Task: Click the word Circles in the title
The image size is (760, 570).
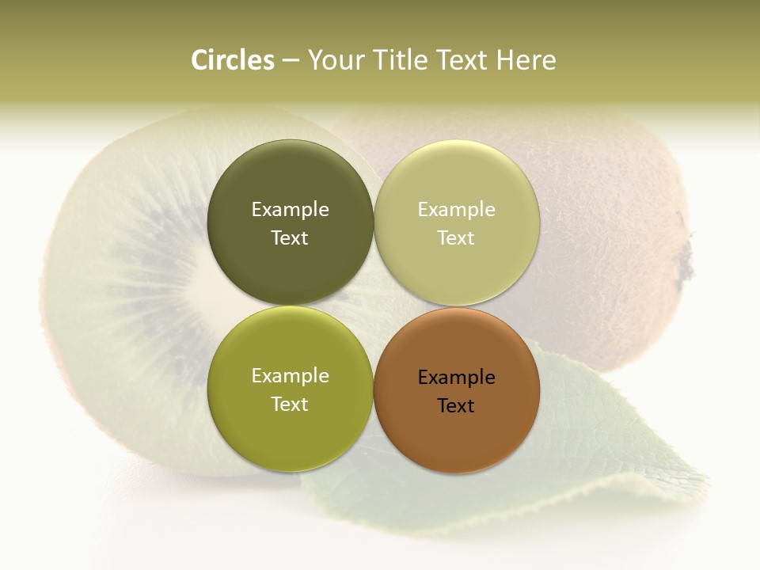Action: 233,60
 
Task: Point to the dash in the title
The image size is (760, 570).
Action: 291,61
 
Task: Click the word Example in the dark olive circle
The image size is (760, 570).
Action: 290,210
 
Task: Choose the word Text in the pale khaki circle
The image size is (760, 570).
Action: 456,238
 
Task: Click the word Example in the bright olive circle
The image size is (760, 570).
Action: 290,376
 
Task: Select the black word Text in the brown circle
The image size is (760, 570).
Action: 456,406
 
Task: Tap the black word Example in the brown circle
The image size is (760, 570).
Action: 456,378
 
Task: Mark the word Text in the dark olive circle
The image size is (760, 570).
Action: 290,238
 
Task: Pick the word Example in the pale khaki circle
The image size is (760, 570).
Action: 456,210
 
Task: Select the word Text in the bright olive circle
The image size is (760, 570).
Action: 290,405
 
